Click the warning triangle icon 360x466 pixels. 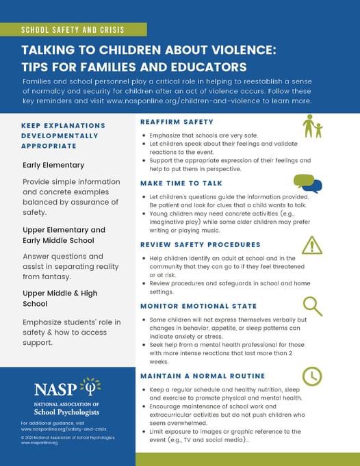312,245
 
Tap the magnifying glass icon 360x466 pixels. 312,305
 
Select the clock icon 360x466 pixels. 312,376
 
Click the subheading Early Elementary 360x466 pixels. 53,165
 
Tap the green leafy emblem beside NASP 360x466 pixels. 91,387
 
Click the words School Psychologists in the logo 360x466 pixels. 66,413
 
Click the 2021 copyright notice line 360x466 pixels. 67,437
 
